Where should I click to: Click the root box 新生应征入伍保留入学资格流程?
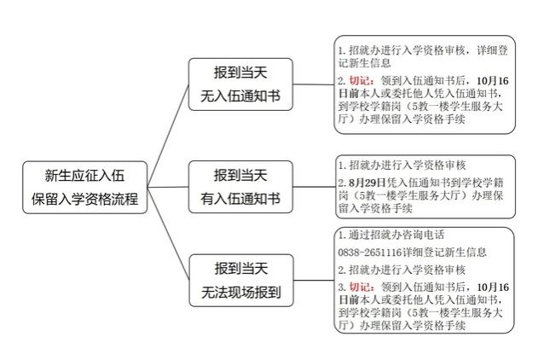pos(85,188)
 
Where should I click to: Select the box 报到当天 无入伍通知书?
pos(240,84)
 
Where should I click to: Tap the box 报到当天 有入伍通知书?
pos(240,187)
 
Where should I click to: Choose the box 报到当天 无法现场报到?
pos(241,281)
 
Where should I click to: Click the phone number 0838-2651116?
pos(370,253)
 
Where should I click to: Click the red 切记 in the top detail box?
pos(360,81)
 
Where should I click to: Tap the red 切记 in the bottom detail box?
pos(360,287)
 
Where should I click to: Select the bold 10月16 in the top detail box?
pos(493,81)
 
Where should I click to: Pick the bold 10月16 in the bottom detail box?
pos(493,287)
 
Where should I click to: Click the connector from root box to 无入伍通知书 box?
pos(168,136)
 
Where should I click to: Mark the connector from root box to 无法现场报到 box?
pos(168,234)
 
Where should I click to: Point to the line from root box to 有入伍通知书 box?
pos(168,187)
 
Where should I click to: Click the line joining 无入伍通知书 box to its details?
pos(313,84)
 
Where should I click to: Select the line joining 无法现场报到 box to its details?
pos(314,281)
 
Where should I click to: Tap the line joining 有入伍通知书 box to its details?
pos(314,187)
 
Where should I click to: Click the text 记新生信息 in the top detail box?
pos(365,63)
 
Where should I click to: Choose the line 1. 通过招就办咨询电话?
pos(391,235)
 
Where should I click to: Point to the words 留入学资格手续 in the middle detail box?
pos(375,208)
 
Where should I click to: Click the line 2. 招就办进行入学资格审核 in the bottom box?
pos(402,270)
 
